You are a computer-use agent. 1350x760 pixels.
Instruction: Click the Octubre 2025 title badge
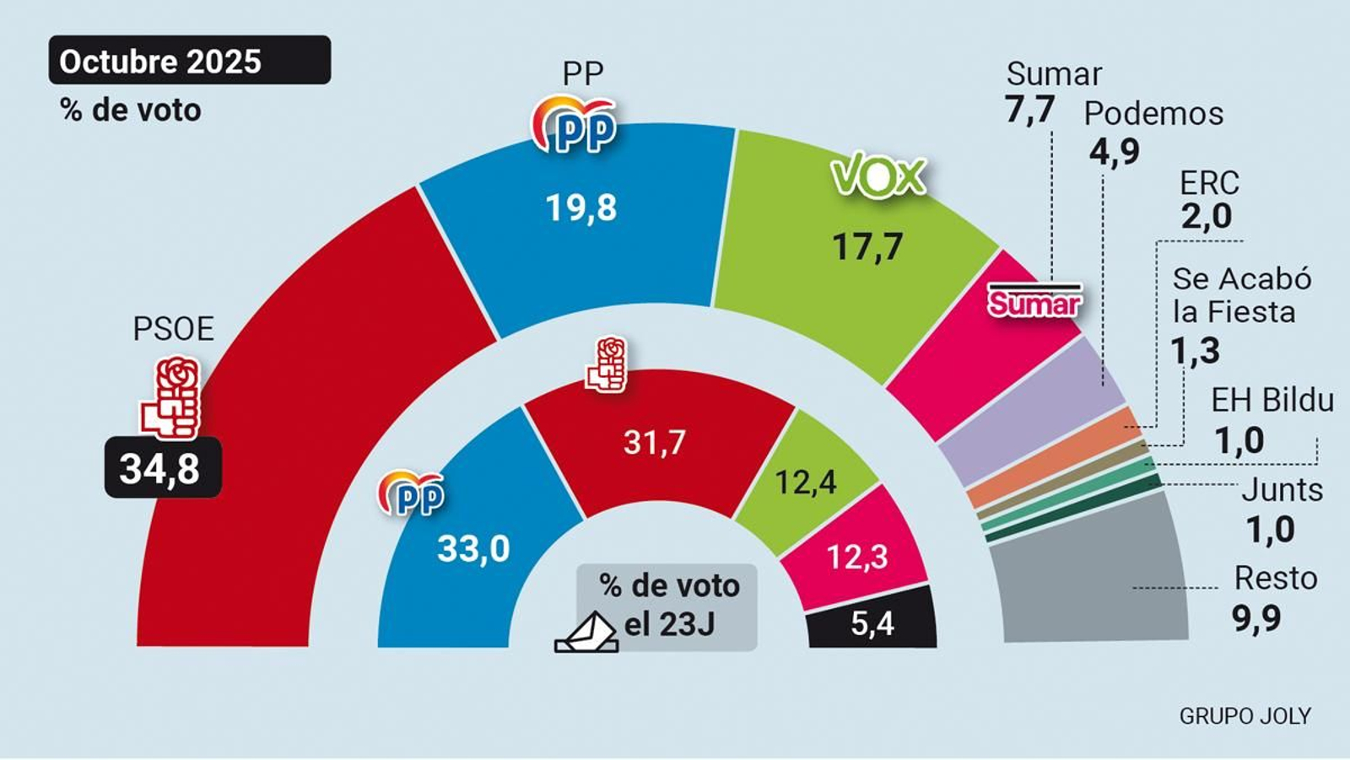pos(189,61)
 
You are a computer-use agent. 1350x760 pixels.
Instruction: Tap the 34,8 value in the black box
pos(161,468)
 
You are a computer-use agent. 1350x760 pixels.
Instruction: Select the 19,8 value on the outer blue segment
pos(581,208)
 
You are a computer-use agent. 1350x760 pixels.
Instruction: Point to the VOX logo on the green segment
pos(877,177)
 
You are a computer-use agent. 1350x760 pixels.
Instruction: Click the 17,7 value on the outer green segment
pos(867,247)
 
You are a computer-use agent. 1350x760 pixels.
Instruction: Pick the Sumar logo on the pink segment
pos(1034,301)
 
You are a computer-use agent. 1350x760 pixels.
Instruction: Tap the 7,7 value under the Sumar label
pos(1029,110)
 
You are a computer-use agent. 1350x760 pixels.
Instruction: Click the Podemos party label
pos(1153,114)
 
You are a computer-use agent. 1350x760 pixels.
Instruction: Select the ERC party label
pos(1208,183)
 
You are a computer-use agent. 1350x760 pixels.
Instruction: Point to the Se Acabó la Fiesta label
pos(1240,295)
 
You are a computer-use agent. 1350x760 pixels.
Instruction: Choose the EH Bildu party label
pos(1272,401)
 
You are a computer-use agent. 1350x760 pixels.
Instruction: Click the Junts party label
pos(1282,490)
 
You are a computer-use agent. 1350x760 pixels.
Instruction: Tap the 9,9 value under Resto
pos(1256,618)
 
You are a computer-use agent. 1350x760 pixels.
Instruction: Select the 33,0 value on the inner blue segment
pos(473,550)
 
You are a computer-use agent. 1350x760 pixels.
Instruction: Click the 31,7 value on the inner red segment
pos(655,443)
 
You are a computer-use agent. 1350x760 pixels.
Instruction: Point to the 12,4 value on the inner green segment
pos(805,482)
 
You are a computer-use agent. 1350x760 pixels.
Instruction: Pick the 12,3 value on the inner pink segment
pos(856,558)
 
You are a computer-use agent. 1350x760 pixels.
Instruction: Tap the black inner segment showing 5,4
pos(872,623)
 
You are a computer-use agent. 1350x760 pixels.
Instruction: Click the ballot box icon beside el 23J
pos(586,634)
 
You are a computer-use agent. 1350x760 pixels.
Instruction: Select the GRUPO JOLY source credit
pos(1245,716)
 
